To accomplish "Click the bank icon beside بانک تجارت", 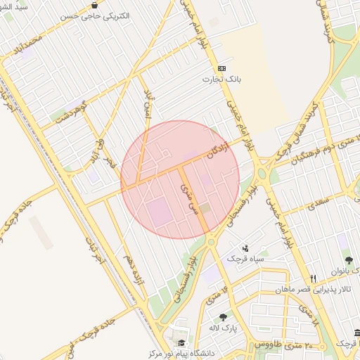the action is point(222,68).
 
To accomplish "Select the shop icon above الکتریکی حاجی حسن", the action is point(94,4).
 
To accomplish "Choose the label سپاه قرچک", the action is point(246,259).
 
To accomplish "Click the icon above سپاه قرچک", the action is point(245,248).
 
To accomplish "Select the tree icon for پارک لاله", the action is point(224,316).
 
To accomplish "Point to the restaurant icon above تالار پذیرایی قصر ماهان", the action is point(314,278).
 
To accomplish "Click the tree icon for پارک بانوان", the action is point(349,259).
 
